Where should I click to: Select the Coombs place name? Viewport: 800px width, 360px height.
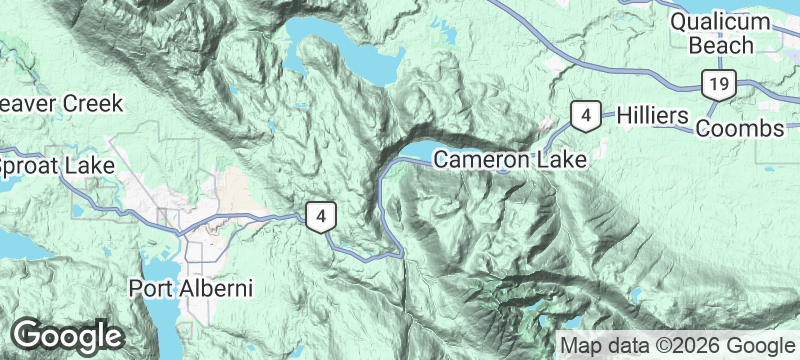click(x=740, y=130)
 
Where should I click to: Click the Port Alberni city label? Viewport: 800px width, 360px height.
click(x=191, y=288)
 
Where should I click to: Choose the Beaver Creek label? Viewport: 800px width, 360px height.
click(x=60, y=103)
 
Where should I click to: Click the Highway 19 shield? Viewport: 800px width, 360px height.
click(x=716, y=84)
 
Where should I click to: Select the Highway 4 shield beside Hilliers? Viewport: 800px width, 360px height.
click(x=585, y=116)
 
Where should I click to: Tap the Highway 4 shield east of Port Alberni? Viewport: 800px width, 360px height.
click(x=319, y=215)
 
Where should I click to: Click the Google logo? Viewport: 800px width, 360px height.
click(x=67, y=334)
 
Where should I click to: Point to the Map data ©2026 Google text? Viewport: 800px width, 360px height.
click(x=677, y=346)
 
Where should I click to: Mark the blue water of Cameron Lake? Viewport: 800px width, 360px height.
click(x=420, y=157)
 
